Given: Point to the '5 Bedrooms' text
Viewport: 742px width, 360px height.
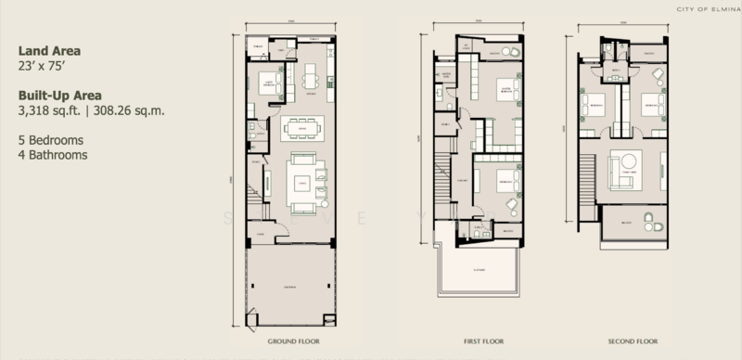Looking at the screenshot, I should tap(51, 140).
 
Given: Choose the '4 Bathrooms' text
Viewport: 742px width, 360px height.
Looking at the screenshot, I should tap(53, 155).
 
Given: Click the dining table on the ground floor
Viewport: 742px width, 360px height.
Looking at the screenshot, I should tap(302, 127).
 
